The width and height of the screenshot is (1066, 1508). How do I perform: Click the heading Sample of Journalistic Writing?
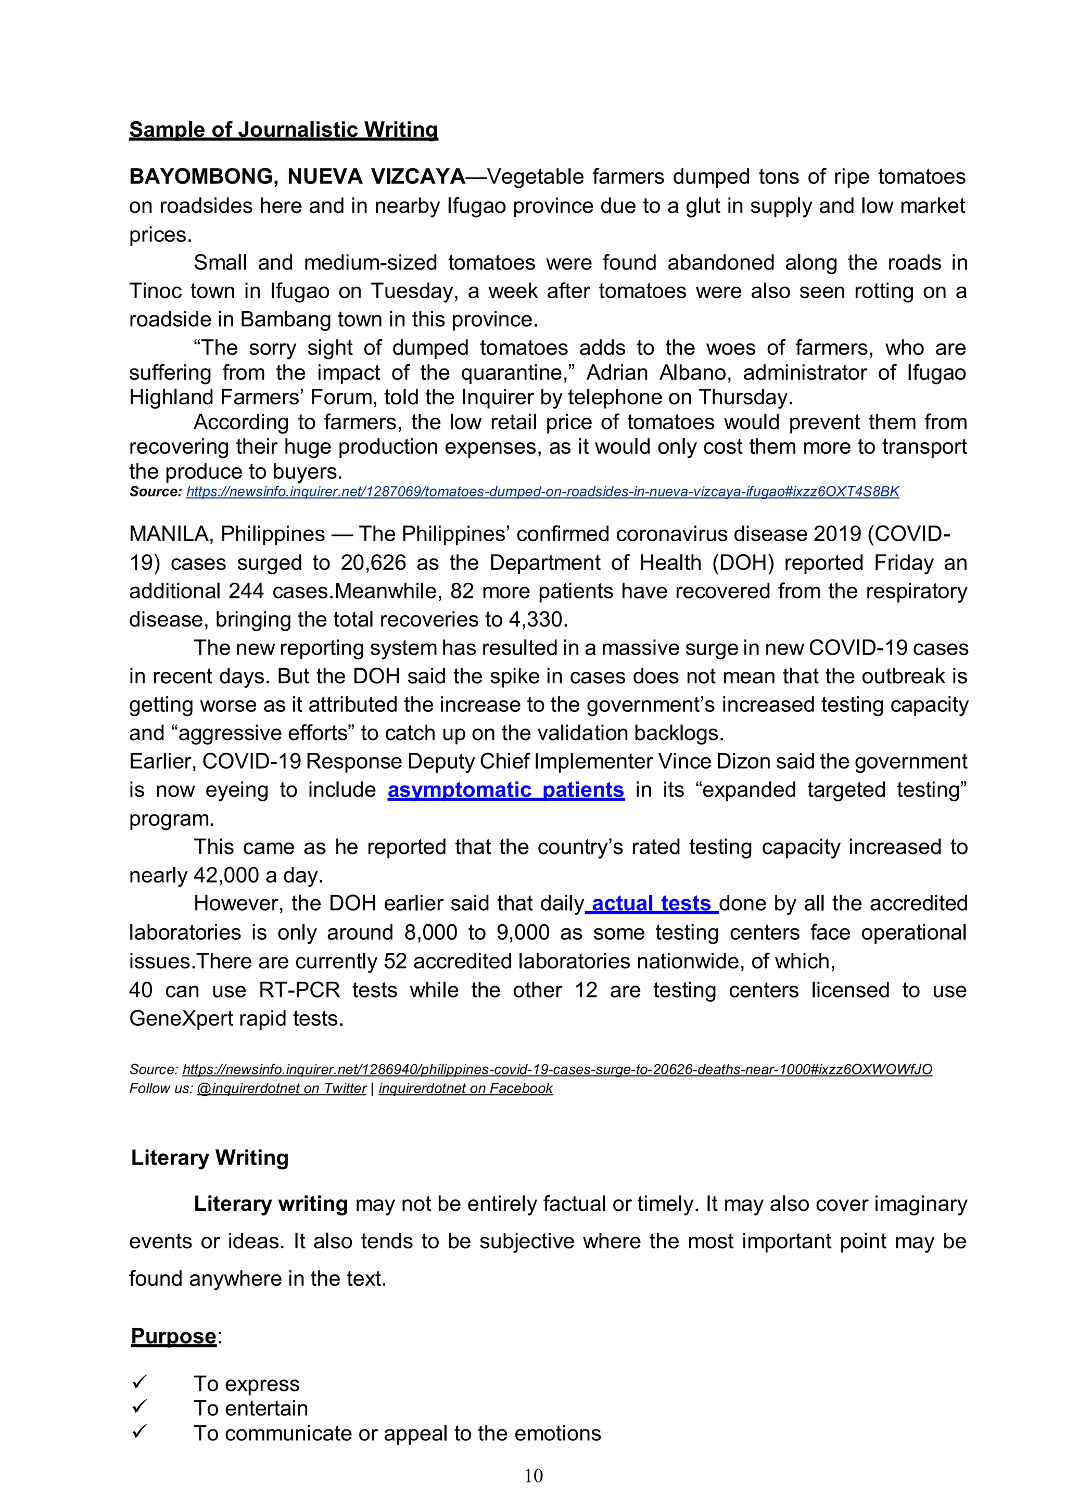pos(283,130)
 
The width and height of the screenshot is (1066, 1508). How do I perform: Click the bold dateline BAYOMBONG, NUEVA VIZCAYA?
pos(297,177)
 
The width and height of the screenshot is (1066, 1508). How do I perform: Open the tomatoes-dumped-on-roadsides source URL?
pos(542,492)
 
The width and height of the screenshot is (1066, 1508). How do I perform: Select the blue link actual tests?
pos(651,904)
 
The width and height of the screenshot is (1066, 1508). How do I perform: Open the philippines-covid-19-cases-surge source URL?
pos(557,1069)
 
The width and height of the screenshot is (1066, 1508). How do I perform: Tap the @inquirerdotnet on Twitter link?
pos(281,1088)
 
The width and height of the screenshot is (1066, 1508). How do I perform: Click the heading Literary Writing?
pos(210,1157)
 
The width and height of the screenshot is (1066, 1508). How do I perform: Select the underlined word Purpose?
pos(173,1337)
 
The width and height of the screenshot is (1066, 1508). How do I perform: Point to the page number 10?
pos(534,1476)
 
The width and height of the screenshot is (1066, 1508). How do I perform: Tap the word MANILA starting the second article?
pos(170,534)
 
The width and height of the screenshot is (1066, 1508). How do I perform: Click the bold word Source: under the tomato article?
pos(155,492)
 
